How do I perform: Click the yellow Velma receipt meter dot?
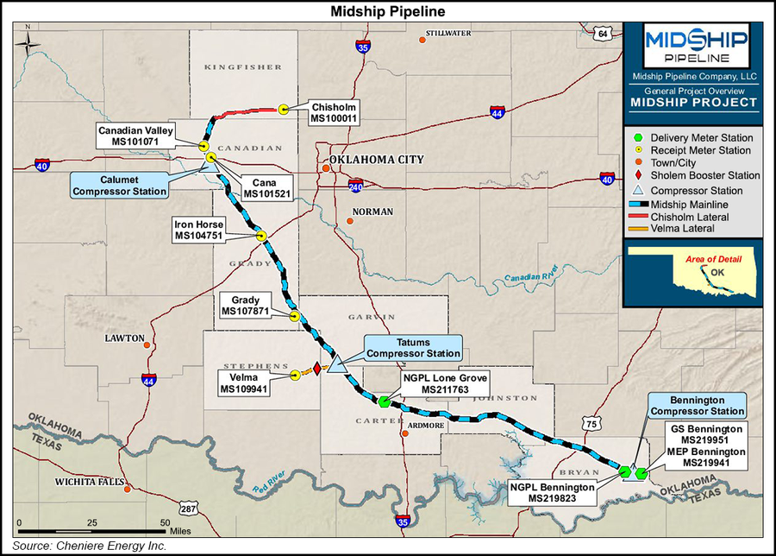[295, 375]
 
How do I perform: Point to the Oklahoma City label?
[377, 161]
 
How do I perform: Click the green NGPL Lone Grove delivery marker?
[383, 401]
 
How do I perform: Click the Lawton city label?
[124, 338]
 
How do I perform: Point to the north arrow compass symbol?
[29, 40]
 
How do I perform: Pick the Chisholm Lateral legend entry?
[690, 216]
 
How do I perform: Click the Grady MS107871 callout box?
[246, 306]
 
